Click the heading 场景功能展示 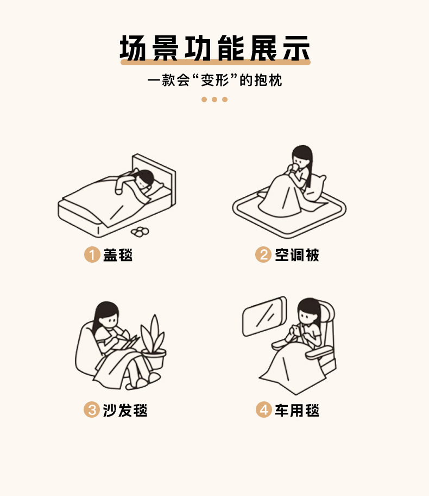point(215,48)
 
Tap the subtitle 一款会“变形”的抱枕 point(215,80)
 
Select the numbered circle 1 point(92,255)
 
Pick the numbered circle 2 point(263,255)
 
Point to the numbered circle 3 point(92,410)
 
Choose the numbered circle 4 point(264,410)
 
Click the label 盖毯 point(118,255)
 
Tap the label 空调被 point(297,255)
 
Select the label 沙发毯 point(125,410)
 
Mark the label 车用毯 point(297,410)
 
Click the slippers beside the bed point(140,232)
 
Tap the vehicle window point(264,317)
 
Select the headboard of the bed point(154,179)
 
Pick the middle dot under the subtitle point(214,100)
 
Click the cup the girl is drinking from point(294,167)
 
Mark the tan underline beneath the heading point(216,63)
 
